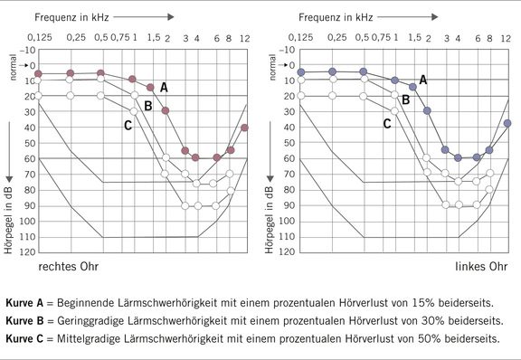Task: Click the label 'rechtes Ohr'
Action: pos(67,269)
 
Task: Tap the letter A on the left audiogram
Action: pos(164,87)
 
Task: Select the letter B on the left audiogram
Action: pos(147,106)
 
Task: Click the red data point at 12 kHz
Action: pos(244,128)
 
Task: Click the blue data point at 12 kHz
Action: pos(507,123)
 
